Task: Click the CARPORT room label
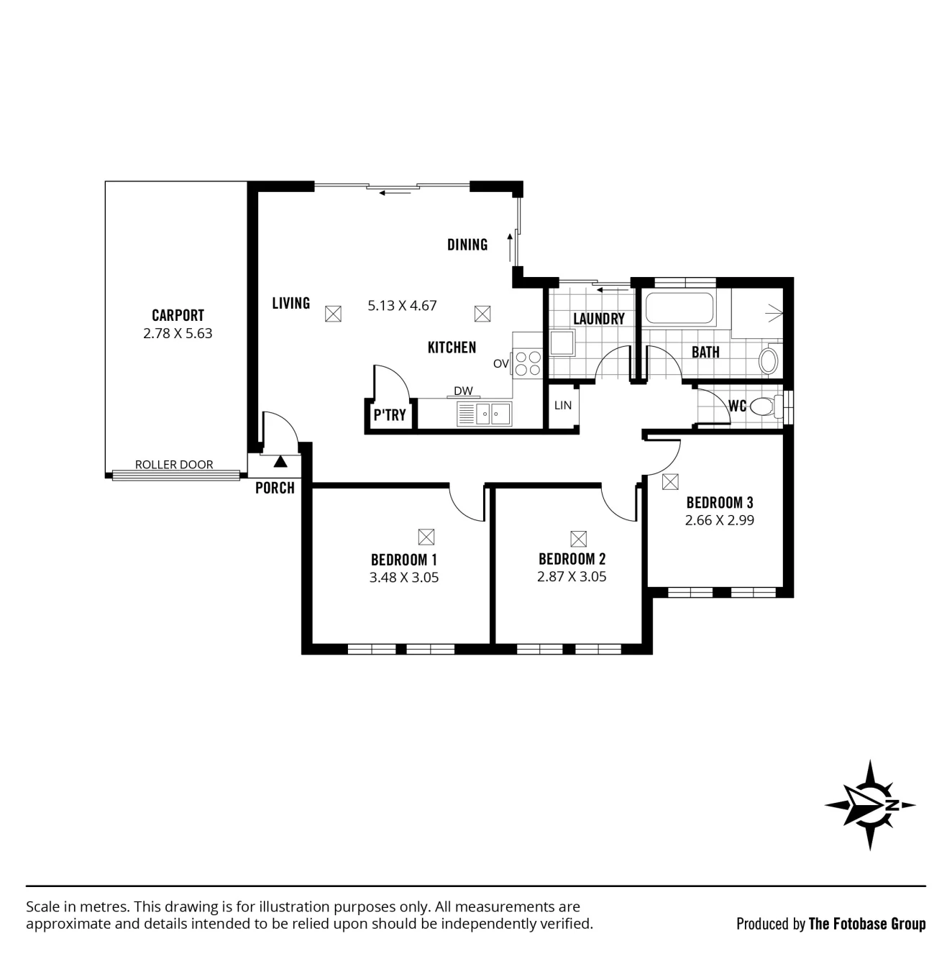tap(178, 315)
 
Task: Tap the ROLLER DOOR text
tap(174, 464)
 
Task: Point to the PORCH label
tap(275, 488)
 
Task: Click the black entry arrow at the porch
tap(280, 461)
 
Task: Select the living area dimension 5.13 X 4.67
tap(402, 305)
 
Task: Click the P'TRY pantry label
tap(390, 414)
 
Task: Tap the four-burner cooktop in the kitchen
tap(528, 363)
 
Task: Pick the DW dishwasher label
tap(463, 391)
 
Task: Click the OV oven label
tap(501, 364)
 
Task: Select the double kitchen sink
tap(484, 414)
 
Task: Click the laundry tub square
tap(562, 343)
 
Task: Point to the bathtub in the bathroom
tap(679, 308)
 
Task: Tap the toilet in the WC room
tap(766, 407)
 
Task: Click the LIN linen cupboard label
tap(563, 405)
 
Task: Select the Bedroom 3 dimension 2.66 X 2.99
tap(719, 520)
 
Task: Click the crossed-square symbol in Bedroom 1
tap(426, 537)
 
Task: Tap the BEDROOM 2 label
tap(572, 559)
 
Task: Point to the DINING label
tap(467, 245)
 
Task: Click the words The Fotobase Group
tap(867, 924)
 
